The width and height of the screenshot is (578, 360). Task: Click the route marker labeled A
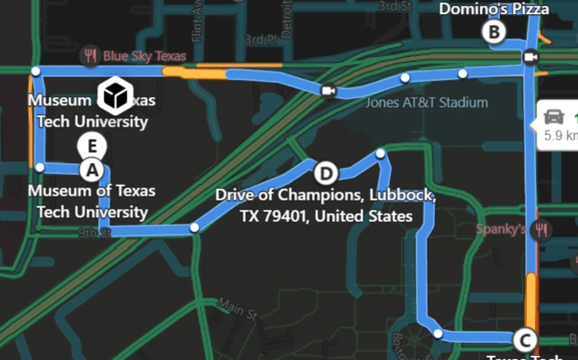click(92, 170)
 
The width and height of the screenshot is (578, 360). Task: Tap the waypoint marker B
click(493, 32)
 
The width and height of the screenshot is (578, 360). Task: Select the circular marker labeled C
click(523, 339)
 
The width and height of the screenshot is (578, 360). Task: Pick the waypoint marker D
click(326, 173)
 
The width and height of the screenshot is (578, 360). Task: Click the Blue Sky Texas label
click(145, 57)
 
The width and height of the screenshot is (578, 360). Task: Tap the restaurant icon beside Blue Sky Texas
click(90, 57)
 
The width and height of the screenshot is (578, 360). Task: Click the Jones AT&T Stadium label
click(427, 103)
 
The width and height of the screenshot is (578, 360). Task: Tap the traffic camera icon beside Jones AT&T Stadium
click(328, 91)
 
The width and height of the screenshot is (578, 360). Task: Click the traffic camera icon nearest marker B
click(530, 57)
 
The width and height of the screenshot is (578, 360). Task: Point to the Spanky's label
click(500, 228)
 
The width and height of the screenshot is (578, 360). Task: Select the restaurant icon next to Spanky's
click(540, 229)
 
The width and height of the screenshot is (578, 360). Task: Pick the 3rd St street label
click(395, 6)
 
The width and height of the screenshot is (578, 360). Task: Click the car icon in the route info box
click(555, 116)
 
